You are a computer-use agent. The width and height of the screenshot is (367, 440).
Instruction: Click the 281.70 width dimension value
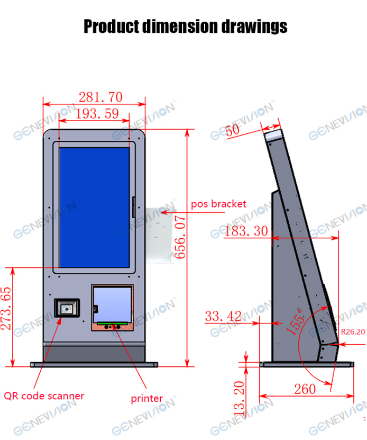click(x=100, y=97)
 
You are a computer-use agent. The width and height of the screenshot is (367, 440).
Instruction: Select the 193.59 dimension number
click(x=97, y=113)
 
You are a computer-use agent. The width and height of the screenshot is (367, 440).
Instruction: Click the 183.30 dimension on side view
click(x=246, y=231)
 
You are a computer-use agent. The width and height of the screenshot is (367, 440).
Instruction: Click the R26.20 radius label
click(x=353, y=333)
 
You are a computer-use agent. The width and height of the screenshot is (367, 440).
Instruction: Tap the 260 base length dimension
click(x=305, y=389)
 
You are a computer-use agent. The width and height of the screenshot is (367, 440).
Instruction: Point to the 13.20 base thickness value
click(x=239, y=398)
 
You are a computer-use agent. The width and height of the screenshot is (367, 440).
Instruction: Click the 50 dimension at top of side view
click(x=233, y=130)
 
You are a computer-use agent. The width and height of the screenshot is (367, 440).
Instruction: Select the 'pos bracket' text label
click(x=218, y=204)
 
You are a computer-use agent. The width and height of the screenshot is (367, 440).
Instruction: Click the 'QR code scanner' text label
click(x=44, y=396)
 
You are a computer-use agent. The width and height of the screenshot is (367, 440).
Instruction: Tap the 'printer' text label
click(x=146, y=398)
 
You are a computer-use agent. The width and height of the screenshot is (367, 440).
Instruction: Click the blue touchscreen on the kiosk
click(x=94, y=208)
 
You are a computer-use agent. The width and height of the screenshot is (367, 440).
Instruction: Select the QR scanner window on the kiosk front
click(x=67, y=309)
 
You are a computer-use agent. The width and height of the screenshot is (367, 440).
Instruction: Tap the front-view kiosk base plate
click(x=94, y=364)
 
